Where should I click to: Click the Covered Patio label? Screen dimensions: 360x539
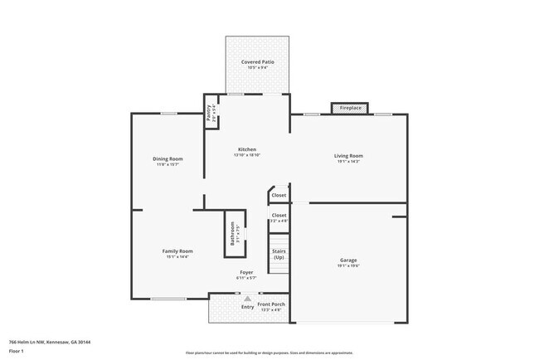pos(258,62)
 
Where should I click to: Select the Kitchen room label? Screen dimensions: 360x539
pos(247,149)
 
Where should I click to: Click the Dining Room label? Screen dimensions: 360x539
pos(168,158)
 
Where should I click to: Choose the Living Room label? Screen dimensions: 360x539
pos(348,155)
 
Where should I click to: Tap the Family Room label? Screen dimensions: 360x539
pos(177,251)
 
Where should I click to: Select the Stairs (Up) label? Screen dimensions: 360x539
pos(279,254)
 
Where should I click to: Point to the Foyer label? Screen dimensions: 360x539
pos(246,272)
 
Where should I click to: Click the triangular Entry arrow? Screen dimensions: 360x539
pos(246,299)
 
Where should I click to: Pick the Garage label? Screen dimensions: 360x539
pos(348,260)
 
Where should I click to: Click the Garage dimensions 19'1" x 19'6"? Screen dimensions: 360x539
pos(348,266)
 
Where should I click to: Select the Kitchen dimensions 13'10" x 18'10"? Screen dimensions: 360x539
pos(247,155)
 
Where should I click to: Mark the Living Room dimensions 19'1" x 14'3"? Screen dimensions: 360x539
pos(348,161)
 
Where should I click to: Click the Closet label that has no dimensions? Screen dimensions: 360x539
pos(279,196)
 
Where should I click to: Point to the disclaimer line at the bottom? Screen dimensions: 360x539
pos(269,353)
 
